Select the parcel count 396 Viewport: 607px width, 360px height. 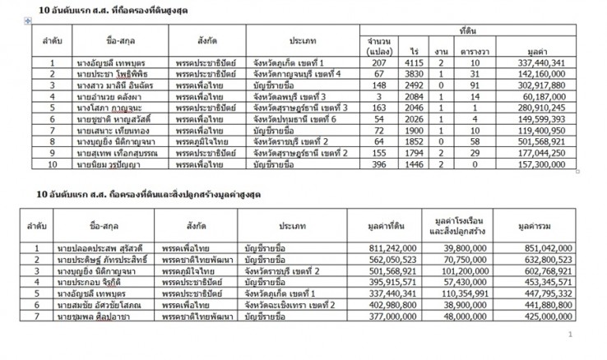pos(378,164)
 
